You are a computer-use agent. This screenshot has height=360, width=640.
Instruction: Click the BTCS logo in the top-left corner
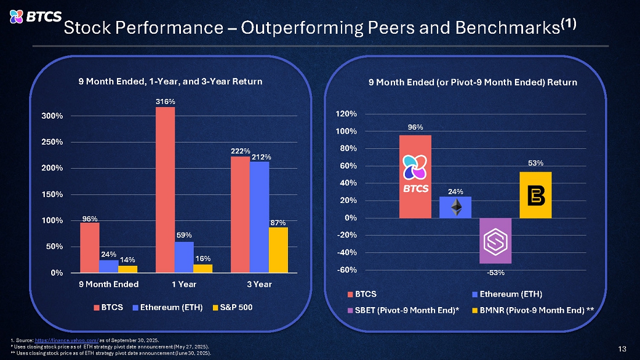tap(35, 17)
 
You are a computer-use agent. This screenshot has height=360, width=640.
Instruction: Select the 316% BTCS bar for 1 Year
tap(165, 190)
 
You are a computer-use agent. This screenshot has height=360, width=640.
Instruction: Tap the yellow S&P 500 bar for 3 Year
tap(278, 249)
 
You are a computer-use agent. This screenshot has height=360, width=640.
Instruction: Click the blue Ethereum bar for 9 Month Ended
tap(109, 266)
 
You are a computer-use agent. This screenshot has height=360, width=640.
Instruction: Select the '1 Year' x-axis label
tap(184, 284)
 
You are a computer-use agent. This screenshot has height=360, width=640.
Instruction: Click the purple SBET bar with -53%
tap(495, 241)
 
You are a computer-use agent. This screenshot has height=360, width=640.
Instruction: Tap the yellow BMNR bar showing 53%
tap(535, 195)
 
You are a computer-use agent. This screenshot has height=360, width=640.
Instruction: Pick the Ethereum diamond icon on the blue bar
tap(456, 208)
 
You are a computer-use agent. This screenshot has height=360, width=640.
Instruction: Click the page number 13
tap(622, 349)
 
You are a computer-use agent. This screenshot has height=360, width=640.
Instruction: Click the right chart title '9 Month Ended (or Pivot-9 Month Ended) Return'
tap(473, 83)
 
